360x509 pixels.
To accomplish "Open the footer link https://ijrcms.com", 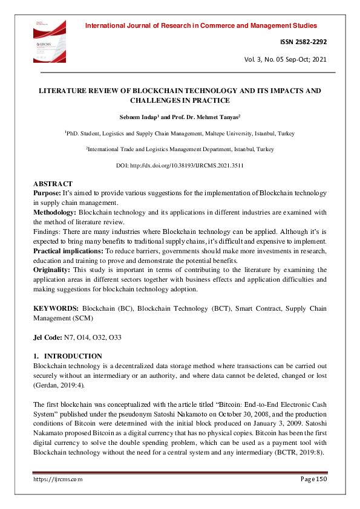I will click(x=57, y=478).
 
